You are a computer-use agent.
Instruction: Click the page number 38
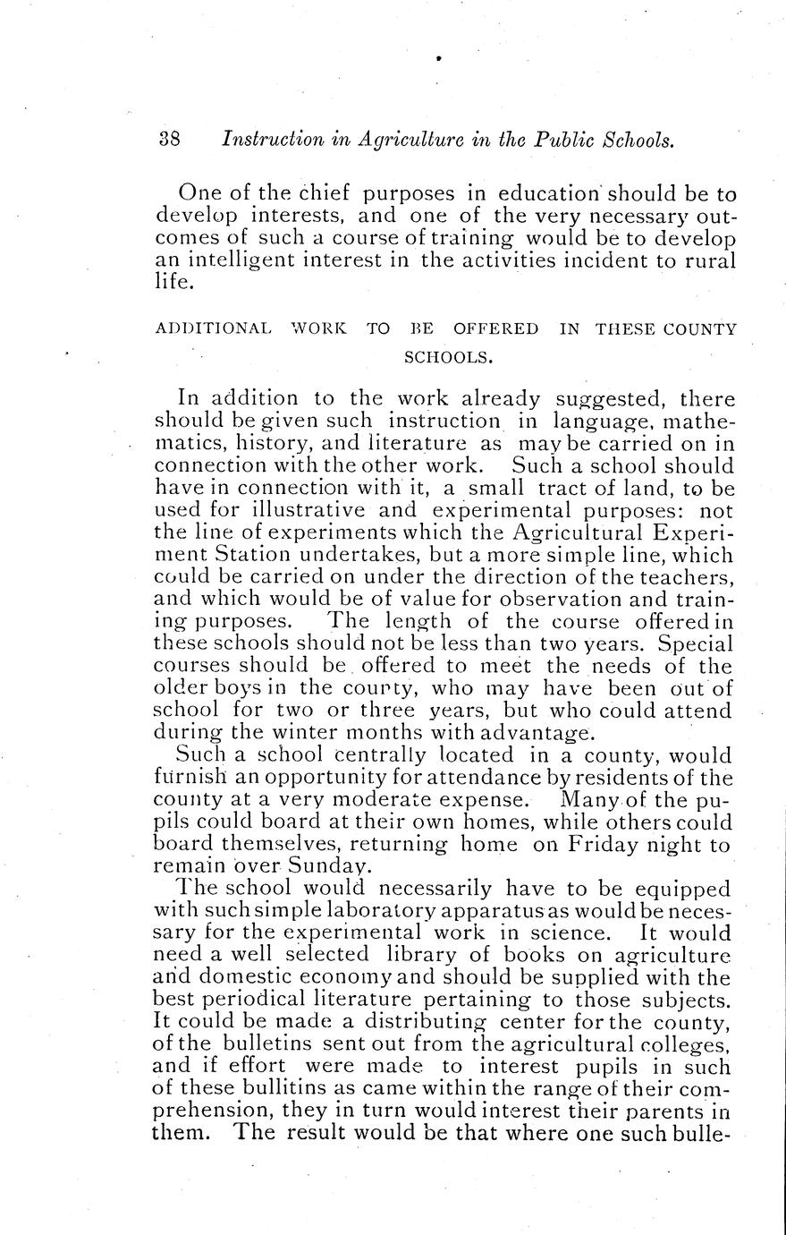point(170,141)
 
